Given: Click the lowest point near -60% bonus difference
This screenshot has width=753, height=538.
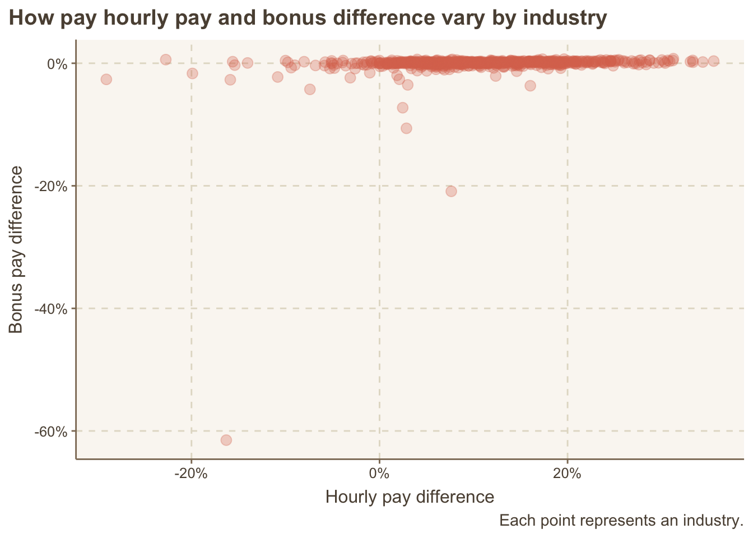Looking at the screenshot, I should coord(226,440).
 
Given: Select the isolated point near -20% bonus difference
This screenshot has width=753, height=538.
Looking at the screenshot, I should coord(451,191).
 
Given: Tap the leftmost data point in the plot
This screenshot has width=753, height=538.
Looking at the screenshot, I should coord(106,79).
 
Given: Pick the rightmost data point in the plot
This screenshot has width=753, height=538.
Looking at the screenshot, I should coord(713,61).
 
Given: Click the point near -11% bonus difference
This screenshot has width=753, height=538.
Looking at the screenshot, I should coord(406,128).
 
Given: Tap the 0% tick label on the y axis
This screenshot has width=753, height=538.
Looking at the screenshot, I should coord(58,63).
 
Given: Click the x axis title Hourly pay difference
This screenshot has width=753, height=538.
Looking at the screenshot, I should coord(410,497).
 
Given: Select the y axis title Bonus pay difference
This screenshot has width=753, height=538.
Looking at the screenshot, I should coord(16,249).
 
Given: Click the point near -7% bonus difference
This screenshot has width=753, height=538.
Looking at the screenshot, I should coord(402,108).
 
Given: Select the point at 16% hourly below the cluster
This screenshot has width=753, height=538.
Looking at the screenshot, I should coord(530,86).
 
